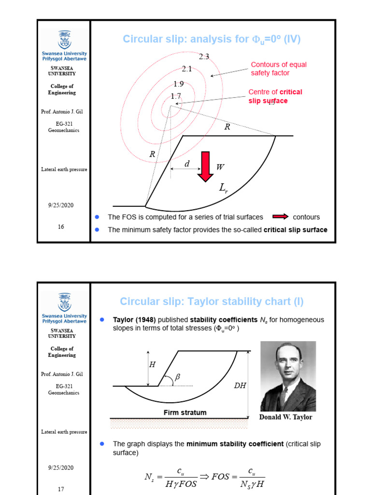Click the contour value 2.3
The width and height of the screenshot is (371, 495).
tap(204, 57)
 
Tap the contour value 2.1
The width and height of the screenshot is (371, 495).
tap(187, 69)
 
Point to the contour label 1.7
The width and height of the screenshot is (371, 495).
tap(175, 96)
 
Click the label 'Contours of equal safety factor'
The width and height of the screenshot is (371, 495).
tap(278, 69)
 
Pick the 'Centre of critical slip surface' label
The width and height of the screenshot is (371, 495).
tap(275, 96)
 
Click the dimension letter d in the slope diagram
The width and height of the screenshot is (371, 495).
tap(187, 165)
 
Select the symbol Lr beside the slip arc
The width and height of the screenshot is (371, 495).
tap(223, 188)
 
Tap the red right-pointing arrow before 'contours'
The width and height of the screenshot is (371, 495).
tap(281, 217)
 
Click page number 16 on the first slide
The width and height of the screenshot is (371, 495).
tap(61, 227)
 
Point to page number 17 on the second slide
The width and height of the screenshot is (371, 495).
tap(61, 489)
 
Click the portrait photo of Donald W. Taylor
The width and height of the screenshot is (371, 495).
tap(288, 377)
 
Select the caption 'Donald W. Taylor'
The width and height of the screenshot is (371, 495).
tap(286, 417)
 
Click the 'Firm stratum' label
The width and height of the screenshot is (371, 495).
tap(185, 412)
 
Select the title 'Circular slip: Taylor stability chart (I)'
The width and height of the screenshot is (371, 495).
tap(212, 302)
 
